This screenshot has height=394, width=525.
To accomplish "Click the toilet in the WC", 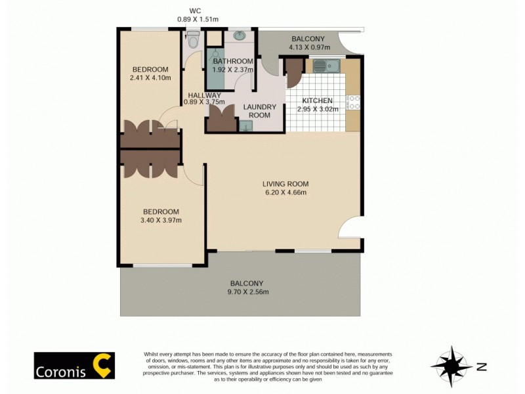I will [192, 41].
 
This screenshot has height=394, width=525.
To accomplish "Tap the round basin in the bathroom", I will [239, 35].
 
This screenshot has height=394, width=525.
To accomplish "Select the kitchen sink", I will [325, 65].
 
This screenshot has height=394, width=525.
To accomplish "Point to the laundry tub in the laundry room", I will [246, 125].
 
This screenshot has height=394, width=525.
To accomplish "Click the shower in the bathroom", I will [215, 68].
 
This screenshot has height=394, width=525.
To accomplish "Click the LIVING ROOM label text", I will [285, 184].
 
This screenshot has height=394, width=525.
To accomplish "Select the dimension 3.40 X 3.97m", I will [161, 220].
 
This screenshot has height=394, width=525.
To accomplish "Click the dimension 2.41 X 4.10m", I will [150, 78].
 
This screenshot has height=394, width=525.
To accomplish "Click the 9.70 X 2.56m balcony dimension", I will [248, 292].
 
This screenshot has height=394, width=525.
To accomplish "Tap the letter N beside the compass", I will [482, 367].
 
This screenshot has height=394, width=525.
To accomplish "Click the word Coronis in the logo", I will [63, 366].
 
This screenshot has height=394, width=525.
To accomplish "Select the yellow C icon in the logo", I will [102, 366].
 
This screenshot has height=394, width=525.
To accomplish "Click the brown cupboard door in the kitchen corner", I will [294, 73].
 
